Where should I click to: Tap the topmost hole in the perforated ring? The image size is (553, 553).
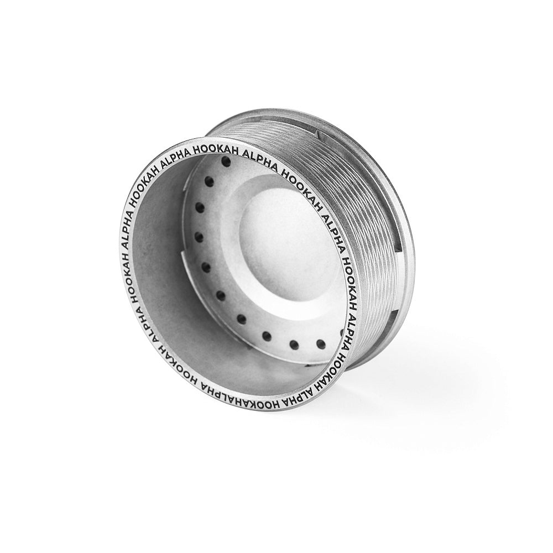[x=225, y=162]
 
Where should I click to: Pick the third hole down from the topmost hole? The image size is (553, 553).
[x=200, y=208]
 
